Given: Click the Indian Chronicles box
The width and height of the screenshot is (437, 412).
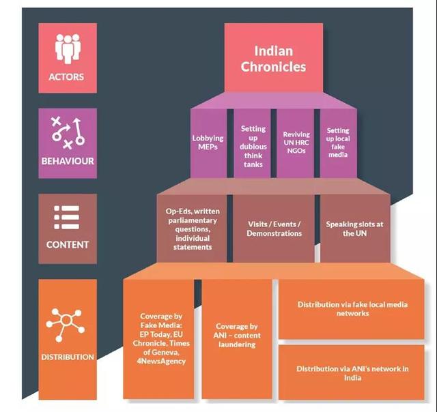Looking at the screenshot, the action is (x=274, y=57).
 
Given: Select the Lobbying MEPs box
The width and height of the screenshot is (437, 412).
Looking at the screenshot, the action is (x=208, y=143).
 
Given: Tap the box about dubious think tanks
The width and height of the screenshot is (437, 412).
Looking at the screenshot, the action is (x=252, y=143).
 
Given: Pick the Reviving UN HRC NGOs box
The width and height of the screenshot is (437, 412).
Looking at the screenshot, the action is (x=295, y=143).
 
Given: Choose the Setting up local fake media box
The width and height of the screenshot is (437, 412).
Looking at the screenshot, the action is (x=339, y=143).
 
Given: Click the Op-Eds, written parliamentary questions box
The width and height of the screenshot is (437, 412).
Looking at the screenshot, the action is (x=192, y=229).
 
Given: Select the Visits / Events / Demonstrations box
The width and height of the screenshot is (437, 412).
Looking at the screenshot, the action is (x=274, y=229).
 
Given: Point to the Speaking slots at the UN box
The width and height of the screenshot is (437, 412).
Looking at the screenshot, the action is (x=355, y=229).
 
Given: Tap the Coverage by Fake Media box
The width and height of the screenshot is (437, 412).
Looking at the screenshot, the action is (x=158, y=339).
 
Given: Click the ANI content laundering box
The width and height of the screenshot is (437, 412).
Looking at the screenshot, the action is (x=237, y=339).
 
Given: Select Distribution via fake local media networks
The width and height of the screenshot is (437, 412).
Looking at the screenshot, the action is (x=352, y=309).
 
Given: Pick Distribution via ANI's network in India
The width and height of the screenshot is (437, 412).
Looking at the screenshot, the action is (x=352, y=372).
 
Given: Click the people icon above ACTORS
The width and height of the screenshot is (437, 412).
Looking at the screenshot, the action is (x=68, y=48).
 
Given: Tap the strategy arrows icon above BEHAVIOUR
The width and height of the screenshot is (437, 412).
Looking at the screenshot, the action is (x=68, y=133).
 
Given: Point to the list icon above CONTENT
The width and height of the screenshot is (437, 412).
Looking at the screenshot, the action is (x=67, y=218).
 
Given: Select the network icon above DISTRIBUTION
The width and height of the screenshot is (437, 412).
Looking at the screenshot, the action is (x=66, y=325).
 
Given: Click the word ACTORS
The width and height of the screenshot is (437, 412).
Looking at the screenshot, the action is (x=66, y=77).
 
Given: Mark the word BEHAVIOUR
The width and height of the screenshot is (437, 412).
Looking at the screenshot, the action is (x=68, y=161).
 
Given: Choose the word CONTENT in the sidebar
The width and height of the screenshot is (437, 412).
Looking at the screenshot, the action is (x=68, y=245).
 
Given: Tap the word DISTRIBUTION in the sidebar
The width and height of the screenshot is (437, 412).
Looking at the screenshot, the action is (x=68, y=357).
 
